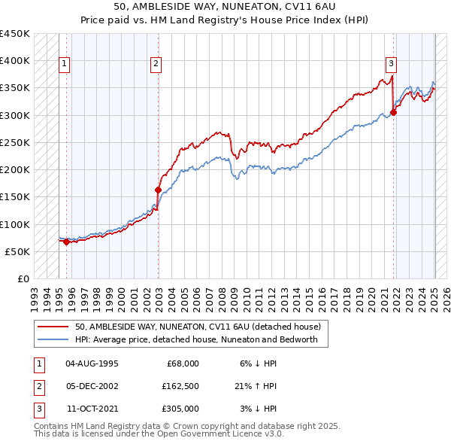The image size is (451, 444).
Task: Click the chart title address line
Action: [225, 8]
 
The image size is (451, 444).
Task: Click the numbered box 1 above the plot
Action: [65, 64]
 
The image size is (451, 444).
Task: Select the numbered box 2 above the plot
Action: [156, 64]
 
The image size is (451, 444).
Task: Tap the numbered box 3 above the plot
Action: [392, 64]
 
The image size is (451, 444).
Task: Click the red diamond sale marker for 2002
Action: [158, 190]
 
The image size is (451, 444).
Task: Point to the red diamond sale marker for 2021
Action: [394, 113]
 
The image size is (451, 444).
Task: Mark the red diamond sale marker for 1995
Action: [66, 242]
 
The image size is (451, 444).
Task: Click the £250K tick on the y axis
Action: [15, 142]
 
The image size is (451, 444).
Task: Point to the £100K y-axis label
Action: [15, 224]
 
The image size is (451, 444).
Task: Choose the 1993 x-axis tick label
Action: [34, 294]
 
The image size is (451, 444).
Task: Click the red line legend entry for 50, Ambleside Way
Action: [198, 327]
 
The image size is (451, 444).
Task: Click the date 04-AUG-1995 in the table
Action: [92, 363]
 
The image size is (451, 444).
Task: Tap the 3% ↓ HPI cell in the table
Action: [259, 409]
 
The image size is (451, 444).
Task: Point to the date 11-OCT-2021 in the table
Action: [92, 409]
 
